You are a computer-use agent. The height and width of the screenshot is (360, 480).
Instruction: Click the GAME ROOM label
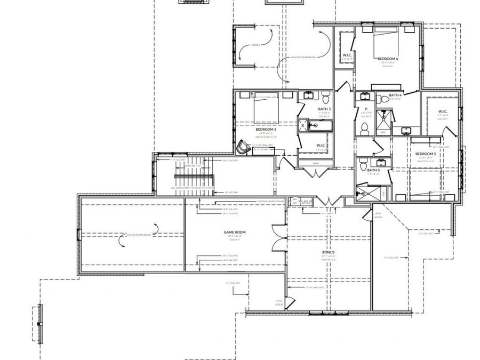coord(233,233)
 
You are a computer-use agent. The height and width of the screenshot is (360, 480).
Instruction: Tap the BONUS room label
coord(328,252)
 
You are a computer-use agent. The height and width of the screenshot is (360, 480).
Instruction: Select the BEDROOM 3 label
coord(266,130)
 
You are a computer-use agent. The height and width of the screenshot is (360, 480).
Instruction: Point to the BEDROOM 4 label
coord(388,58)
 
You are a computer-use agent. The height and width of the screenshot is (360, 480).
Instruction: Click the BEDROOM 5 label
coord(426,154)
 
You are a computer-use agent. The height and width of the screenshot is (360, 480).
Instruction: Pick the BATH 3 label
coord(324,109)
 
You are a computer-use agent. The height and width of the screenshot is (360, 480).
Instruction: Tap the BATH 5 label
coord(373,170)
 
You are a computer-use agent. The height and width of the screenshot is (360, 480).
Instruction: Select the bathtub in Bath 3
coord(320,126)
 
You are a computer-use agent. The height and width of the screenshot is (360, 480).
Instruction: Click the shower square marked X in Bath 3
coord(303,126)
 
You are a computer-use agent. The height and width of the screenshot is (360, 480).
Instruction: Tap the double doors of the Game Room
coord(277,237)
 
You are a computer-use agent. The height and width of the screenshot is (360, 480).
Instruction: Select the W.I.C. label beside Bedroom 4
coord(346,55)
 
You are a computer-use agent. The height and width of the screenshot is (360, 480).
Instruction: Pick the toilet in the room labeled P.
coord(365,128)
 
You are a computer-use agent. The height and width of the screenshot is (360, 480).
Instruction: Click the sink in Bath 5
coord(381,161)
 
